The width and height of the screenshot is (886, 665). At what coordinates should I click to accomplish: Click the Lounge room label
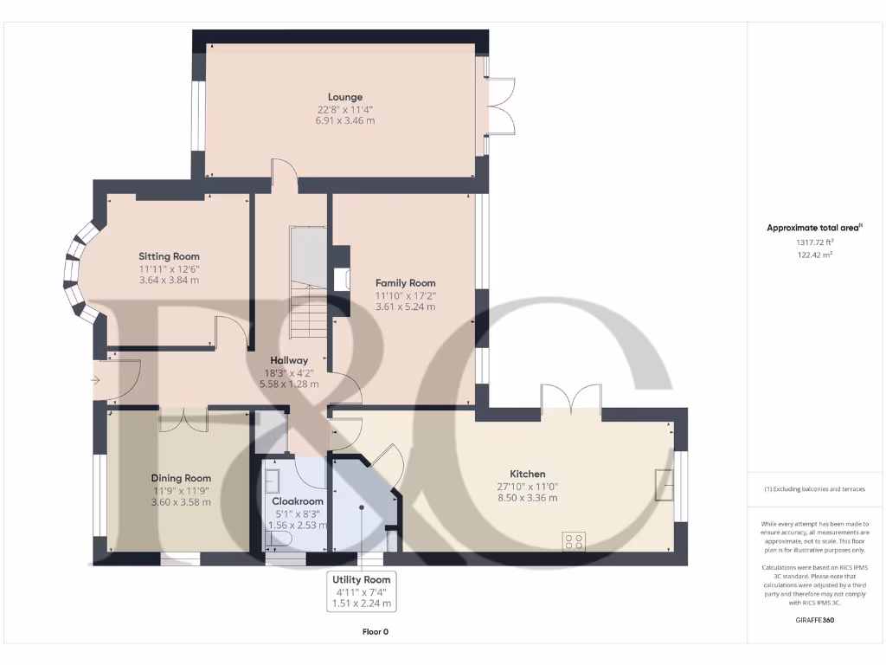344,97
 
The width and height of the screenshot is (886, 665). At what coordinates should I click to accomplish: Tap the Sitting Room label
169,256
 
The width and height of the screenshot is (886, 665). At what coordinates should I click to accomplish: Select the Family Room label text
405,283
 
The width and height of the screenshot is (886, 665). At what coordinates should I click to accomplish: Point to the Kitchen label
527,474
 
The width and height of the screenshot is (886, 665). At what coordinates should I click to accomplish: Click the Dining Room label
181,478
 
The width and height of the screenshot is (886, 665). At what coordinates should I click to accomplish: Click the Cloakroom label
298,501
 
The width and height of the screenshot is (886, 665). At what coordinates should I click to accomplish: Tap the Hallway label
289,360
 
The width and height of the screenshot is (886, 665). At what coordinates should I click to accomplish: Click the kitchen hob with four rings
573,541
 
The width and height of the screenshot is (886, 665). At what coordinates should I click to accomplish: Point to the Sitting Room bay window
76,269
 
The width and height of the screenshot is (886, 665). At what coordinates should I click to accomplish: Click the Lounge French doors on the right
502,106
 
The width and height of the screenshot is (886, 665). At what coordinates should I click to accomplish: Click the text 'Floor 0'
375,632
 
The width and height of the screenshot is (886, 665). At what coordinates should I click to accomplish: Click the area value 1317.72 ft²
813,243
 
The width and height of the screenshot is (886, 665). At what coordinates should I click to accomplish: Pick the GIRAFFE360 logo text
813,620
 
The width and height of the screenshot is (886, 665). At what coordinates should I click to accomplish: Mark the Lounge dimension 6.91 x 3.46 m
344,120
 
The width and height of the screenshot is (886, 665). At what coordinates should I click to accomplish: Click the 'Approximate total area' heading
813,228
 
